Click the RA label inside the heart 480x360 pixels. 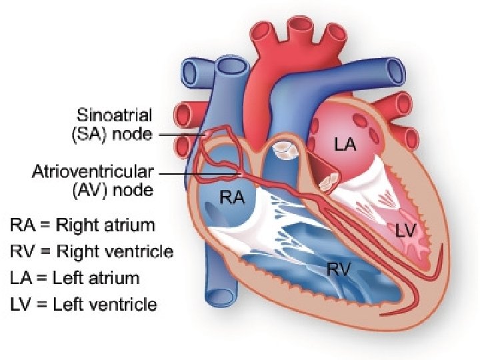[x=232, y=197]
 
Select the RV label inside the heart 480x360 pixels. [x=339, y=268]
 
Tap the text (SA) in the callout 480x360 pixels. [x=89, y=134]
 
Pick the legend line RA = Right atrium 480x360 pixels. [x=82, y=225]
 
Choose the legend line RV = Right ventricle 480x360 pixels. [x=91, y=251]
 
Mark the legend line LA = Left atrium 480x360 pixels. [x=75, y=278]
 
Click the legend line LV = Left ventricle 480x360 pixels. [x=83, y=305]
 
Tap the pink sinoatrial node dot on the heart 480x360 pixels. [x=209, y=135]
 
